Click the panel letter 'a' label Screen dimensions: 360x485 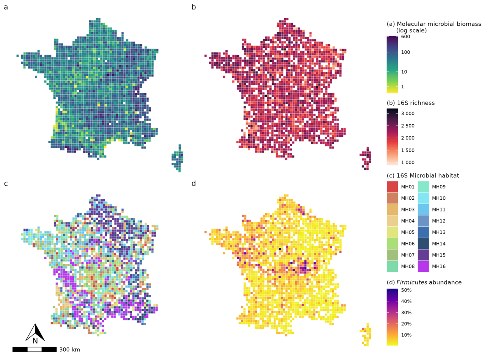pos(6,7)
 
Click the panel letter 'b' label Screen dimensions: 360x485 pos(194,7)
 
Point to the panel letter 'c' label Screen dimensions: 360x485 pos(6,184)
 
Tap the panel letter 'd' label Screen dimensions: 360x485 pos(194,184)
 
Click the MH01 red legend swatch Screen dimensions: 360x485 pos(392,187)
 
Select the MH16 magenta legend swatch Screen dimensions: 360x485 pos(423,266)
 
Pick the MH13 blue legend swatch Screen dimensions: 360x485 pos(423,232)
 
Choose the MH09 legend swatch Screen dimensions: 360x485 pos(423,187)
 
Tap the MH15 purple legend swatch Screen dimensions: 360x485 pos(423,255)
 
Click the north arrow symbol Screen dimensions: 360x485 pos(35,333)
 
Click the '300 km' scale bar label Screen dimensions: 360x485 pos(69,349)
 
